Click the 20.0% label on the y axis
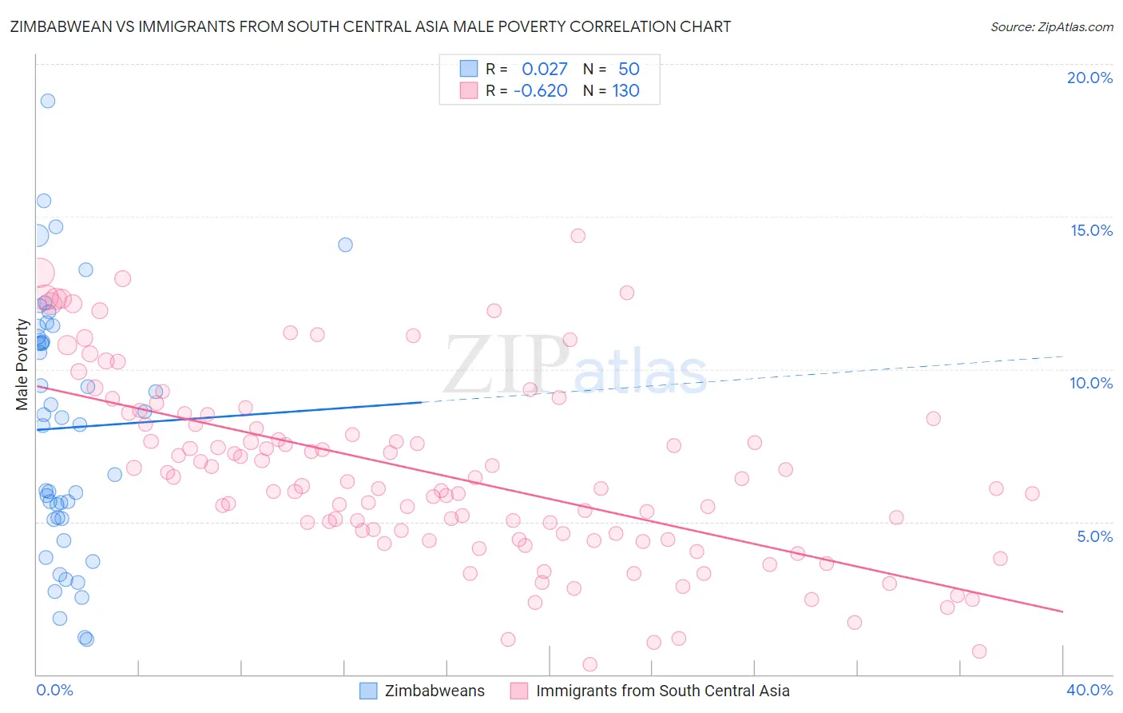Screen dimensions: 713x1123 pos(1089,78)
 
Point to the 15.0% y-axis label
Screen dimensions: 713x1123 pos(1091,230)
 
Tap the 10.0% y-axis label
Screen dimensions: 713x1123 pos(1091,383)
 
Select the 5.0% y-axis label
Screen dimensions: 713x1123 pos(1094,536)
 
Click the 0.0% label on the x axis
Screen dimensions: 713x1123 pos(54,690)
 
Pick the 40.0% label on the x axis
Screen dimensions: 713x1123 pos(1089,690)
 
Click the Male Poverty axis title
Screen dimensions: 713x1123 pos(22,364)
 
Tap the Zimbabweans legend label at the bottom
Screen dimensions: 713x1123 pos(435,691)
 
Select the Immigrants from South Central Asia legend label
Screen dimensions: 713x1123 pos(662,691)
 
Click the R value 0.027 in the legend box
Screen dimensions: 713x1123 pos(545,70)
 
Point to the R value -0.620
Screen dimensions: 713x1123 pos(541,91)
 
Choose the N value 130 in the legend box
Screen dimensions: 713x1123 pos(626,91)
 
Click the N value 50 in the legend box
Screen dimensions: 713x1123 pos(629,70)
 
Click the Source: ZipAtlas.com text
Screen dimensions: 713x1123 pos(1051,27)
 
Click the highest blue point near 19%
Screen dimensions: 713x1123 pos(48,101)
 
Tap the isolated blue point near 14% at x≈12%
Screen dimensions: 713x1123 pos(345,245)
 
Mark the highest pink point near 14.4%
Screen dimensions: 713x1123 pos(578,236)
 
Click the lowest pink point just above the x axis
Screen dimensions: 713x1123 pos(590,664)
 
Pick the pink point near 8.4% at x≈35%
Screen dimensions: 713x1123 pos(933,419)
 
